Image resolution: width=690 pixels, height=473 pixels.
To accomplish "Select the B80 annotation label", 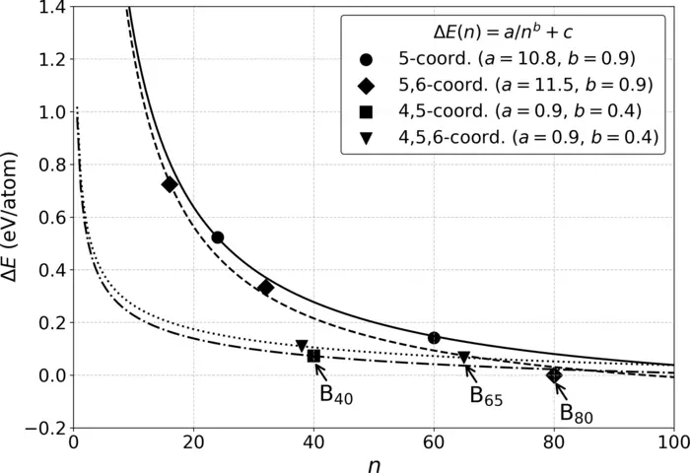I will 577,414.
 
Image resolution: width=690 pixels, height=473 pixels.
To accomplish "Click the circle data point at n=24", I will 217,237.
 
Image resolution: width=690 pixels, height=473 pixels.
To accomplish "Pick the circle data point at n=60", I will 434,338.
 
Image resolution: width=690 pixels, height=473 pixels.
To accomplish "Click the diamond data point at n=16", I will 170,184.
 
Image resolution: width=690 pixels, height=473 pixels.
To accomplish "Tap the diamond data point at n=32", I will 265,288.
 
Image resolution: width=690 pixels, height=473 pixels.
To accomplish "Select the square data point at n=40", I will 313,356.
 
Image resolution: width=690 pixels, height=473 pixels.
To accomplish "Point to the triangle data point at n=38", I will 302,346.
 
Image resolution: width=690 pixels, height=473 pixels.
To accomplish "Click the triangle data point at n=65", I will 464,358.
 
